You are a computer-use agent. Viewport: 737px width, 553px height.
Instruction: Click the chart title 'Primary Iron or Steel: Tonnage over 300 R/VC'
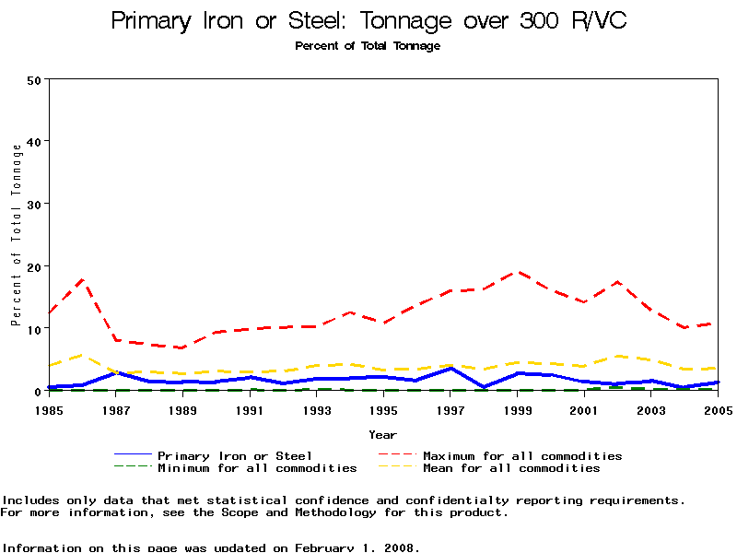click(368, 21)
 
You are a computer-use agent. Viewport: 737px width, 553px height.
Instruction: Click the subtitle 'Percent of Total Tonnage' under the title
click(368, 46)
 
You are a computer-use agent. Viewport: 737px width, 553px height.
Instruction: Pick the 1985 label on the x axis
click(48, 408)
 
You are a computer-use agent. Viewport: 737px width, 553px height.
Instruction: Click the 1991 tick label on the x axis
click(250, 408)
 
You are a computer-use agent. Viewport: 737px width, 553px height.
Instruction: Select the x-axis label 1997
click(450, 408)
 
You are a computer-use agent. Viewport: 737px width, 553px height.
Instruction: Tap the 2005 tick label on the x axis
click(718, 408)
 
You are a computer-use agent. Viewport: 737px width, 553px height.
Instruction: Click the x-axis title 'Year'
click(382, 434)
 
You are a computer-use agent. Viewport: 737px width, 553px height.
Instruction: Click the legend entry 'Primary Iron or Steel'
click(235, 455)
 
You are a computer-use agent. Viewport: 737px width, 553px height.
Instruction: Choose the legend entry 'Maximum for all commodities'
click(522, 455)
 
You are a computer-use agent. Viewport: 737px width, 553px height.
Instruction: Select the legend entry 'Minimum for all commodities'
click(257, 468)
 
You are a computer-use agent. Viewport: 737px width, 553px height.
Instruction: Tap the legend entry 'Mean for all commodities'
click(511, 468)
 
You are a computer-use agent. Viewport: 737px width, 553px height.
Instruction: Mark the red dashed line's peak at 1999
click(518, 272)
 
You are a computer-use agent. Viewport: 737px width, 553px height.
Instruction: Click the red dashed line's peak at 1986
click(83, 278)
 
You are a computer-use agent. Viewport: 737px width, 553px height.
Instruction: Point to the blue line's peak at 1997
click(450, 368)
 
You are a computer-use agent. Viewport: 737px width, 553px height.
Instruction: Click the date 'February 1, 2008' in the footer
click(357, 547)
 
